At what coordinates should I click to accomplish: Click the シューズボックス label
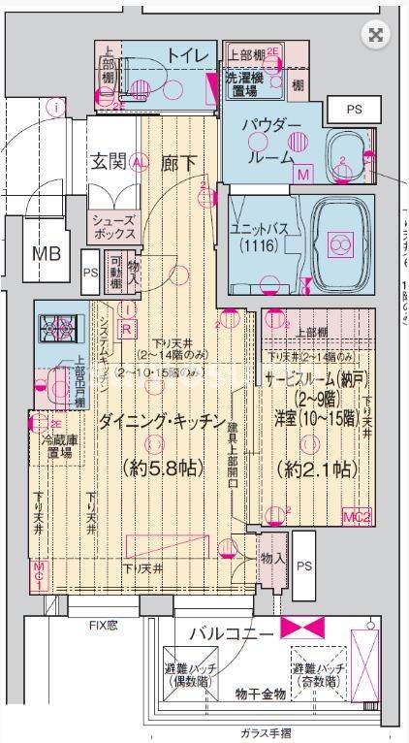(x=113, y=227)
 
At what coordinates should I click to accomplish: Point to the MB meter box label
(x=46, y=254)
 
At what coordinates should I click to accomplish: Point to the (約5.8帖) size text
(x=163, y=468)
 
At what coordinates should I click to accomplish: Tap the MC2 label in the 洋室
(x=357, y=517)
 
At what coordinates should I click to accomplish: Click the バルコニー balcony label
(x=230, y=633)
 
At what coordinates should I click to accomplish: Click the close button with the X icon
(x=376, y=36)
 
